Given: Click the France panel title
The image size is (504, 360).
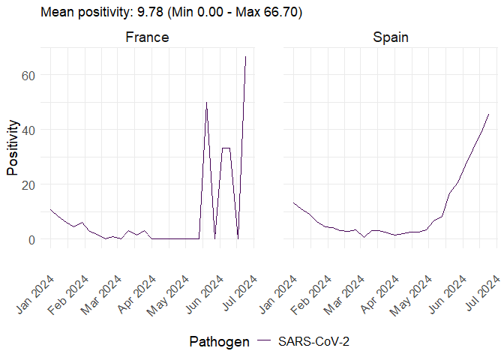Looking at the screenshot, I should (x=146, y=37).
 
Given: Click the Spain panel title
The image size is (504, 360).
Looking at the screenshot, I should (x=390, y=37).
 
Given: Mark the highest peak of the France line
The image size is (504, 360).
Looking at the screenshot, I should (x=246, y=56).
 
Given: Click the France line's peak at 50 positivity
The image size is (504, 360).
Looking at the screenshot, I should (x=206, y=102).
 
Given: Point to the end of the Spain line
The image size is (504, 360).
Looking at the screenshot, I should (x=489, y=114).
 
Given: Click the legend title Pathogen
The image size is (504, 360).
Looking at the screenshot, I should (x=219, y=342).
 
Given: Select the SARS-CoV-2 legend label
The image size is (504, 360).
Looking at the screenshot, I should (x=314, y=342).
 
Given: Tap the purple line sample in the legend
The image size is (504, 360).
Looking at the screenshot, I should (x=264, y=342).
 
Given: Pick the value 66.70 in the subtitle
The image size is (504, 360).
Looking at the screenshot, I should (x=280, y=13).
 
